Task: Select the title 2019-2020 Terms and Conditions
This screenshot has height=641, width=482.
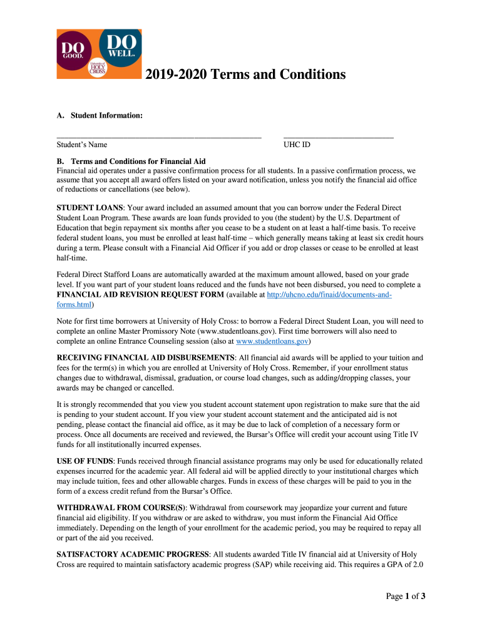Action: [x=245, y=74]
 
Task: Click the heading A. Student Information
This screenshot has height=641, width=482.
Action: [x=100, y=116]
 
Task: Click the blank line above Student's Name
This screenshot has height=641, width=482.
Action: [x=158, y=136]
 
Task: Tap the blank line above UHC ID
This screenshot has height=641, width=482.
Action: [x=338, y=136]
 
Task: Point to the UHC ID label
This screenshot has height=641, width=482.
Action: [x=297, y=145]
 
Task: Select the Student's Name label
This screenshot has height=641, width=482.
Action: [x=82, y=145]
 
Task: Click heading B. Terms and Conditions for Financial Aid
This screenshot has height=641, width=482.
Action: [x=131, y=162]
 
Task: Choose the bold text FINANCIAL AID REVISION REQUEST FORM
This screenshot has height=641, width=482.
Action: [x=140, y=294]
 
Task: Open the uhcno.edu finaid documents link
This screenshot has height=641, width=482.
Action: [x=329, y=294]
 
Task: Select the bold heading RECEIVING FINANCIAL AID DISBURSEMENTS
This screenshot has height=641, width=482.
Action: [x=145, y=358]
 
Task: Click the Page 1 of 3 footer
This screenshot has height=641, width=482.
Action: [x=405, y=596]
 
